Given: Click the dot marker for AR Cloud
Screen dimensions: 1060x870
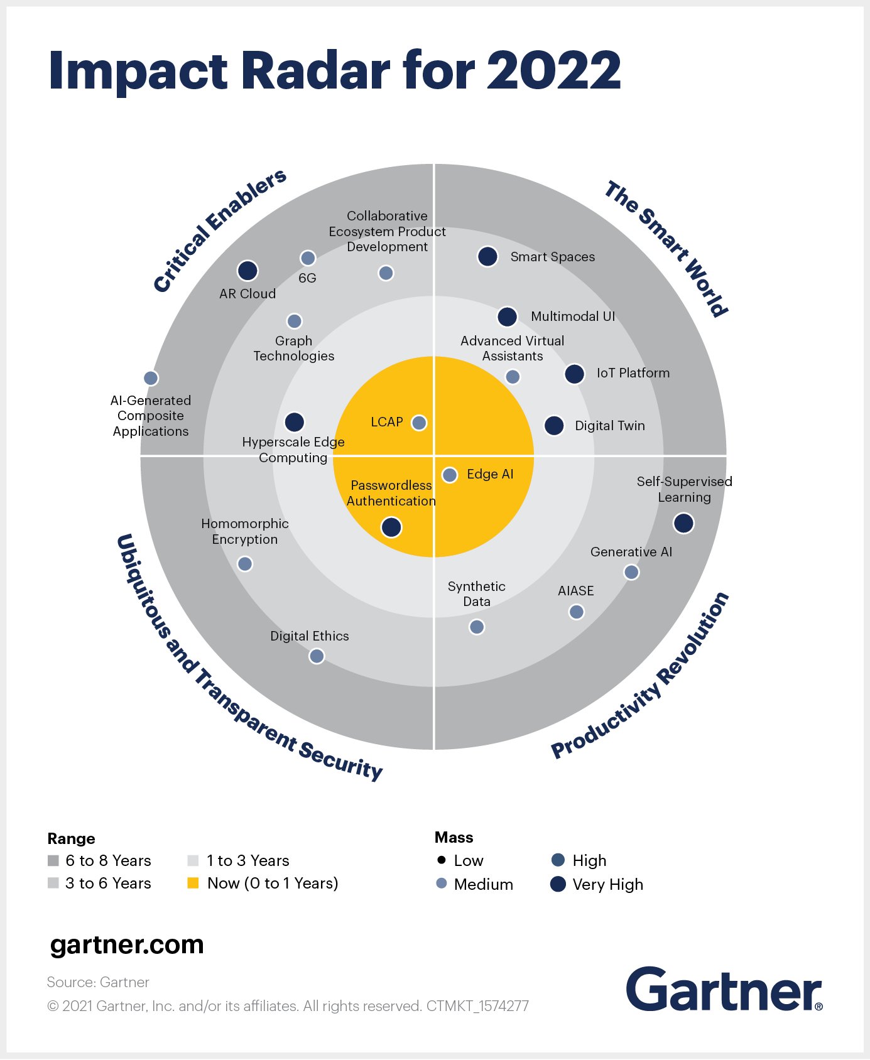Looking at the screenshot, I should tap(247, 271).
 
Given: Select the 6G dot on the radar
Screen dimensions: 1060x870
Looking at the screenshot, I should tap(308, 258).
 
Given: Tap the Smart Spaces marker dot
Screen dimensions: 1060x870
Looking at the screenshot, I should tap(487, 256).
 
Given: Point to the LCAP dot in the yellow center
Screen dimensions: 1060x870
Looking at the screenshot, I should tap(419, 423).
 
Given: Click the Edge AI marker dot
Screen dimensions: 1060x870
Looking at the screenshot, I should tap(450, 475).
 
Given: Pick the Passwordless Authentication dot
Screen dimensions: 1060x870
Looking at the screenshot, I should tap(391, 527).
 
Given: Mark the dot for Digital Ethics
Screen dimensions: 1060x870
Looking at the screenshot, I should tap(317, 656).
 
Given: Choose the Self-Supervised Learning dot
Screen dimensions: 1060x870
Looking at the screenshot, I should tap(683, 523).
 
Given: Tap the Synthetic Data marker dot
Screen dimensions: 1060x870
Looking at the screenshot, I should tap(477, 627).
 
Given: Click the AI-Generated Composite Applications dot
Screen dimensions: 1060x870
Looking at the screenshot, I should tap(151, 378).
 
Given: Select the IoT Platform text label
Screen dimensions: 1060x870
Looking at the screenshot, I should tap(633, 373).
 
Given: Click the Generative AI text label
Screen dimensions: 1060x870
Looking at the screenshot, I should tap(631, 552).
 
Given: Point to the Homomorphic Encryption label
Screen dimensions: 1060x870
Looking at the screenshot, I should tap(245, 531).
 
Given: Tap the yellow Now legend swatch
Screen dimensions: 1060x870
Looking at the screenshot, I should tap(193, 883).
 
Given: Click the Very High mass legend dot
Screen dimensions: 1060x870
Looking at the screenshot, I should tap(558, 884).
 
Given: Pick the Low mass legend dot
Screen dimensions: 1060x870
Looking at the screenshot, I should tap(442, 860).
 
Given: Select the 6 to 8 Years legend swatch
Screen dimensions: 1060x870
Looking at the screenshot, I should tap(53, 860).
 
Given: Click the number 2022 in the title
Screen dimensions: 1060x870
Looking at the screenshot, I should tap(553, 70).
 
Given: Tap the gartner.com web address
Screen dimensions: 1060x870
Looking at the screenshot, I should tap(127, 944).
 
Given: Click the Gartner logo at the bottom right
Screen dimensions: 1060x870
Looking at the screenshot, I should tap(724, 990).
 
